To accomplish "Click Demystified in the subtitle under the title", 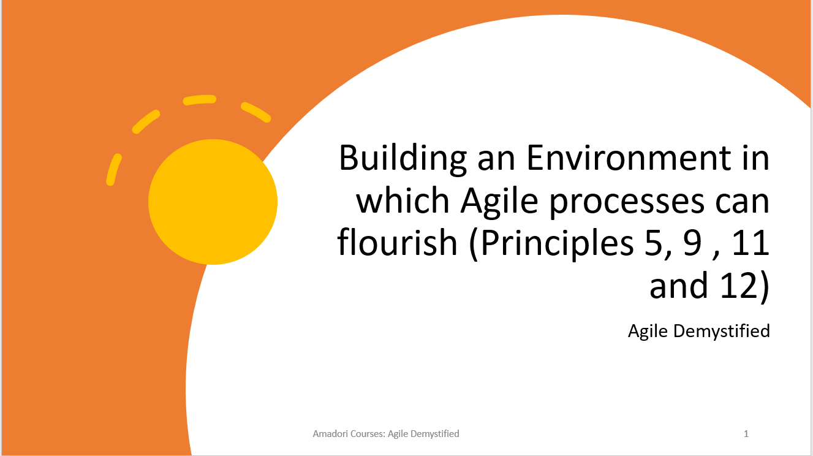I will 721,331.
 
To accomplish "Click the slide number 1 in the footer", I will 746,434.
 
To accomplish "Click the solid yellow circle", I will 213,202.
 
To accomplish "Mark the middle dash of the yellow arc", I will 200,99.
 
